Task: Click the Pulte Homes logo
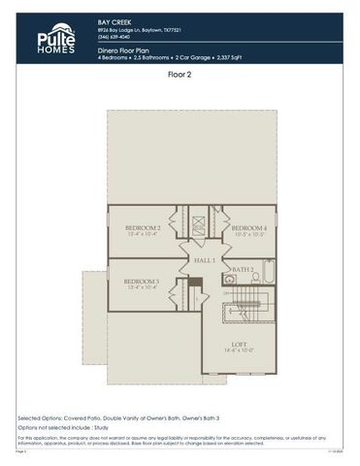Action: click(x=55, y=38)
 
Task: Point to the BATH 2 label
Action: click(x=244, y=269)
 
